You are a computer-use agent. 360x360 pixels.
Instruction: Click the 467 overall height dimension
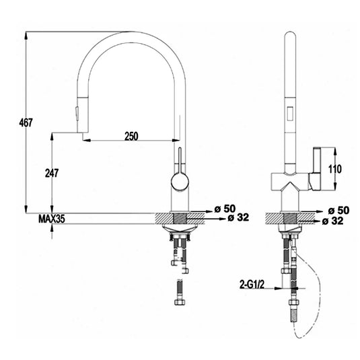pos(25,122)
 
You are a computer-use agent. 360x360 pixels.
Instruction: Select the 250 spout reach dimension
pos(131,136)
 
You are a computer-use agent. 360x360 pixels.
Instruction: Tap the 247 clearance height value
pos(52,172)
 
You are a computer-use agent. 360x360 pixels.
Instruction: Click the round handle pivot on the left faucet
pos(178,180)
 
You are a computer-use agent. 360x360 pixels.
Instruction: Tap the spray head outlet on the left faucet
pos(83,136)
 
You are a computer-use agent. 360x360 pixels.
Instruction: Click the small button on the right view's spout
pos(291,114)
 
